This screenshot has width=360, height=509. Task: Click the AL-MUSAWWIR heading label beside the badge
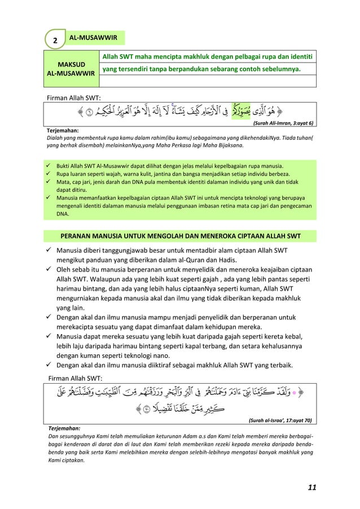[93, 38]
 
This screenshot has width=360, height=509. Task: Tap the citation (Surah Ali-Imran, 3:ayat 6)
[284, 122]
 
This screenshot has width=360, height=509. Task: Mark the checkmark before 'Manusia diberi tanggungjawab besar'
[50, 250]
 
